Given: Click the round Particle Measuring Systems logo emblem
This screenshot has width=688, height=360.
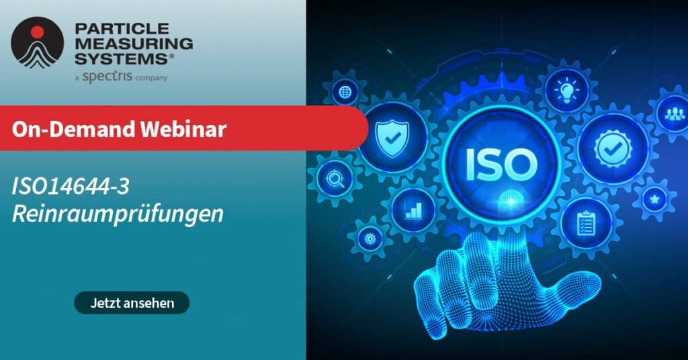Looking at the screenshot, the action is point(38,42).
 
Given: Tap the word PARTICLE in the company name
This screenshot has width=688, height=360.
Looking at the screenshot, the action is point(122,28).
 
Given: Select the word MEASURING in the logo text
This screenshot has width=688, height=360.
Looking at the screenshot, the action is point(134,44).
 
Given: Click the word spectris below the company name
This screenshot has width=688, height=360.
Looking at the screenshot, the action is point(107,77).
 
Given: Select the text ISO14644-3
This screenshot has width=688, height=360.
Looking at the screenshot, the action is point(71,187).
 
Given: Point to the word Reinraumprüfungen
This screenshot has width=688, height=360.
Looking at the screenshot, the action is point(118,214).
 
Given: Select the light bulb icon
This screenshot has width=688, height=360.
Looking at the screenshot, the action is point(566,91).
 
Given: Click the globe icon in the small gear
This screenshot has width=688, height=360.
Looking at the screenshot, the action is point(345,93).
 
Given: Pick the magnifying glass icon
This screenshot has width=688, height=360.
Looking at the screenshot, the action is point(335,179).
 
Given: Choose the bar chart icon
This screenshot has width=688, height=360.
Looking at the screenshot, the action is point(413,210).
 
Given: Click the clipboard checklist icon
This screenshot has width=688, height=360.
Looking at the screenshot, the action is point(586,223).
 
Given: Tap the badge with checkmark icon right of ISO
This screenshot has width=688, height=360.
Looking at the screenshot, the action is point(613,149).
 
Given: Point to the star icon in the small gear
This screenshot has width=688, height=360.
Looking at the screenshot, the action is point(654,199).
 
